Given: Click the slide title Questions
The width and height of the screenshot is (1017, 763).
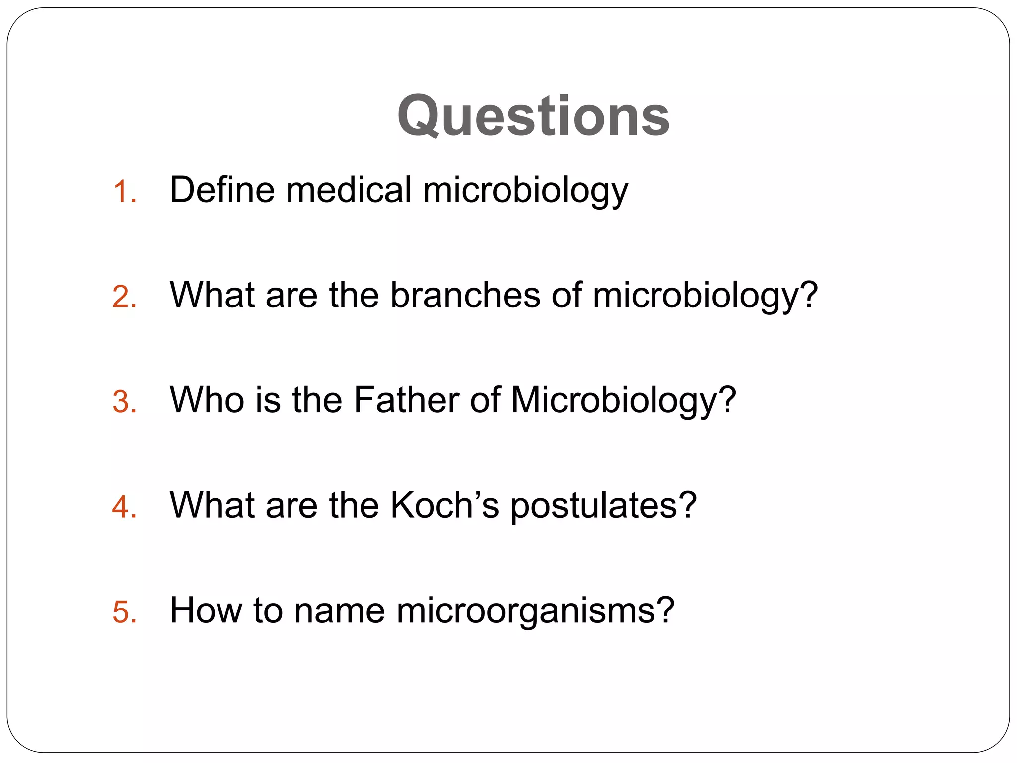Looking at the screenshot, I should click(533, 117).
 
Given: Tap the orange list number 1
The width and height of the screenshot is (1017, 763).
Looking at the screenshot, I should click(124, 192).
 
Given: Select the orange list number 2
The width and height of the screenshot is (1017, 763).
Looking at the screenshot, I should click(124, 298).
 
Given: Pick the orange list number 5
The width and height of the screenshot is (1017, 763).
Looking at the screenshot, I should click(124, 612).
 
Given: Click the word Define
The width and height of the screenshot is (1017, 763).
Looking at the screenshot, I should click(222, 190).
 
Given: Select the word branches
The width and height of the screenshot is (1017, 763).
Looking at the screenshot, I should click(465, 295).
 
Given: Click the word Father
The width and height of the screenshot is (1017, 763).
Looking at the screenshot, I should click(406, 400).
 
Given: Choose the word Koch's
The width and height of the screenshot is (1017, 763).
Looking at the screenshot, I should click(444, 505).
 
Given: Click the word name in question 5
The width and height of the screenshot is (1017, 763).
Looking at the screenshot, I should click(339, 611).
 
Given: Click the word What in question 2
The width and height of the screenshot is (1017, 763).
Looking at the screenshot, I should click(212, 295).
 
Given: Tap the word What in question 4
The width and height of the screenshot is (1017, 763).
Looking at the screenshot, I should click(212, 505).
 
